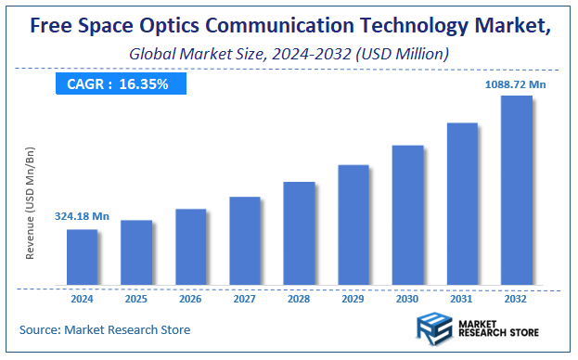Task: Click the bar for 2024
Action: click(x=83, y=257)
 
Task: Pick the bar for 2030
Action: click(x=408, y=215)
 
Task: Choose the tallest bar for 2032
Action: click(x=517, y=190)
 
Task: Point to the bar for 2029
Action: click(x=353, y=225)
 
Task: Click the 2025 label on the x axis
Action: click(x=136, y=299)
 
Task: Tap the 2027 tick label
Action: click(x=245, y=299)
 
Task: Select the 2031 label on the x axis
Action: click(x=462, y=299)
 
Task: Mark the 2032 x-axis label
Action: click(x=517, y=299)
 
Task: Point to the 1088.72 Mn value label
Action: click(x=517, y=84)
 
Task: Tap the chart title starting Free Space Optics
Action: click(x=289, y=27)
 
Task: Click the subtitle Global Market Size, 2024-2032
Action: click(x=289, y=55)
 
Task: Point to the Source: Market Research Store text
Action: click(x=104, y=329)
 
